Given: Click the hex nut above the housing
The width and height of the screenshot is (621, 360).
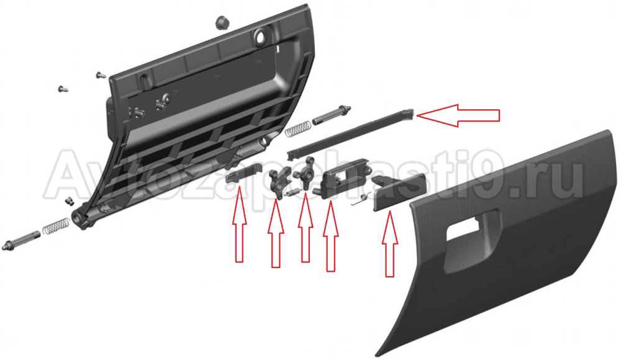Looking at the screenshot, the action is tap(220, 22).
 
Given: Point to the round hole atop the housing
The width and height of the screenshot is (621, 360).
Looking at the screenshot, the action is tap(261, 37).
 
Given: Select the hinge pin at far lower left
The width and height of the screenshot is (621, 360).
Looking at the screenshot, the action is tap(21, 241).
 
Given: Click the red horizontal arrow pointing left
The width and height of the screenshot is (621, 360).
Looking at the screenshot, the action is tap(458, 115).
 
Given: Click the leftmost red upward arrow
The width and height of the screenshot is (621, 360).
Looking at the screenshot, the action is tap(239, 224).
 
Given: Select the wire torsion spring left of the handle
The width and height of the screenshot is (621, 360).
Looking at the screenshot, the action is tap(361, 199).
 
